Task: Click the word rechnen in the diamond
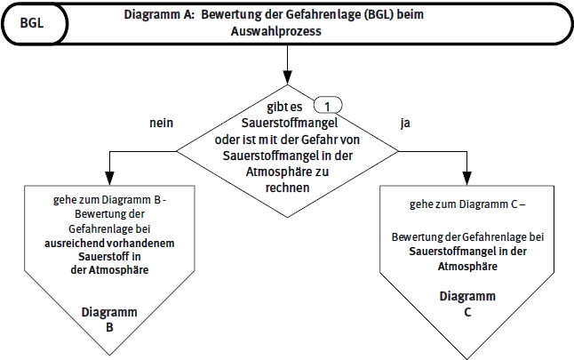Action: [287, 188]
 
